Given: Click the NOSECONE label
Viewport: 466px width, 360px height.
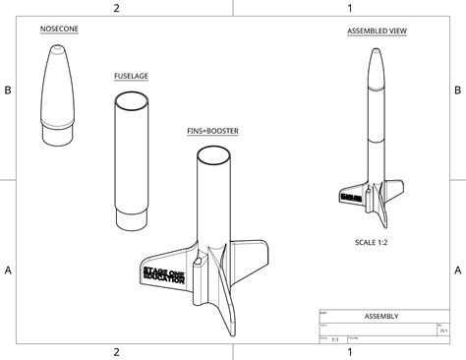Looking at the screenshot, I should click(x=60, y=30).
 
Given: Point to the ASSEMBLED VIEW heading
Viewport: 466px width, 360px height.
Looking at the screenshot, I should click(x=377, y=31).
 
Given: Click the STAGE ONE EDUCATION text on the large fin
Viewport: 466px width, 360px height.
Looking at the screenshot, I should click(x=163, y=273).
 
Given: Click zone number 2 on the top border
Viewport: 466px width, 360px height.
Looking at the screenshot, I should click(x=116, y=8).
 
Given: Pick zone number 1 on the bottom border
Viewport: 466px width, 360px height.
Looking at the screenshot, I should click(x=349, y=351).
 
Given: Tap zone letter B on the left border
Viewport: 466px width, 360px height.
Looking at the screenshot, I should click(x=8, y=90).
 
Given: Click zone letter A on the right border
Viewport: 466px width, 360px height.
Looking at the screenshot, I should click(x=457, y=270).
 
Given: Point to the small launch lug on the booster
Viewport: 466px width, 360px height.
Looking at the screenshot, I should click(x=199, y=262).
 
